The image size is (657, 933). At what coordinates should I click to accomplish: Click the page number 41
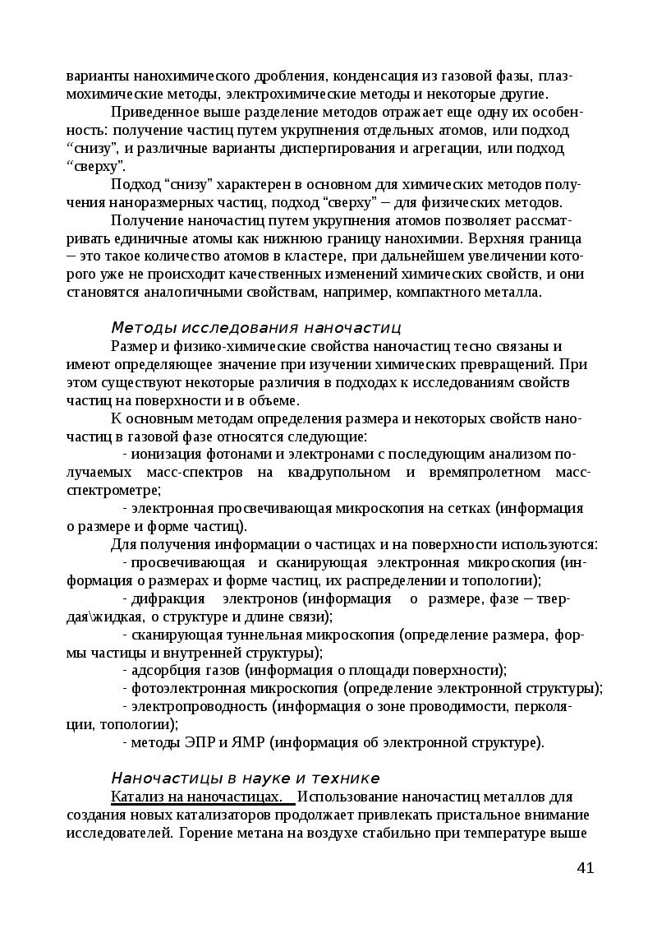pos(586,868)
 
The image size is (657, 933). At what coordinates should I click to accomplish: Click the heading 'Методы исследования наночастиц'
pos(255,328)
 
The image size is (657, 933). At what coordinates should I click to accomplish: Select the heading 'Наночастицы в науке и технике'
pos(245,778)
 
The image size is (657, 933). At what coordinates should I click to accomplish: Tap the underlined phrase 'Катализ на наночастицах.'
pos(203,797)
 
